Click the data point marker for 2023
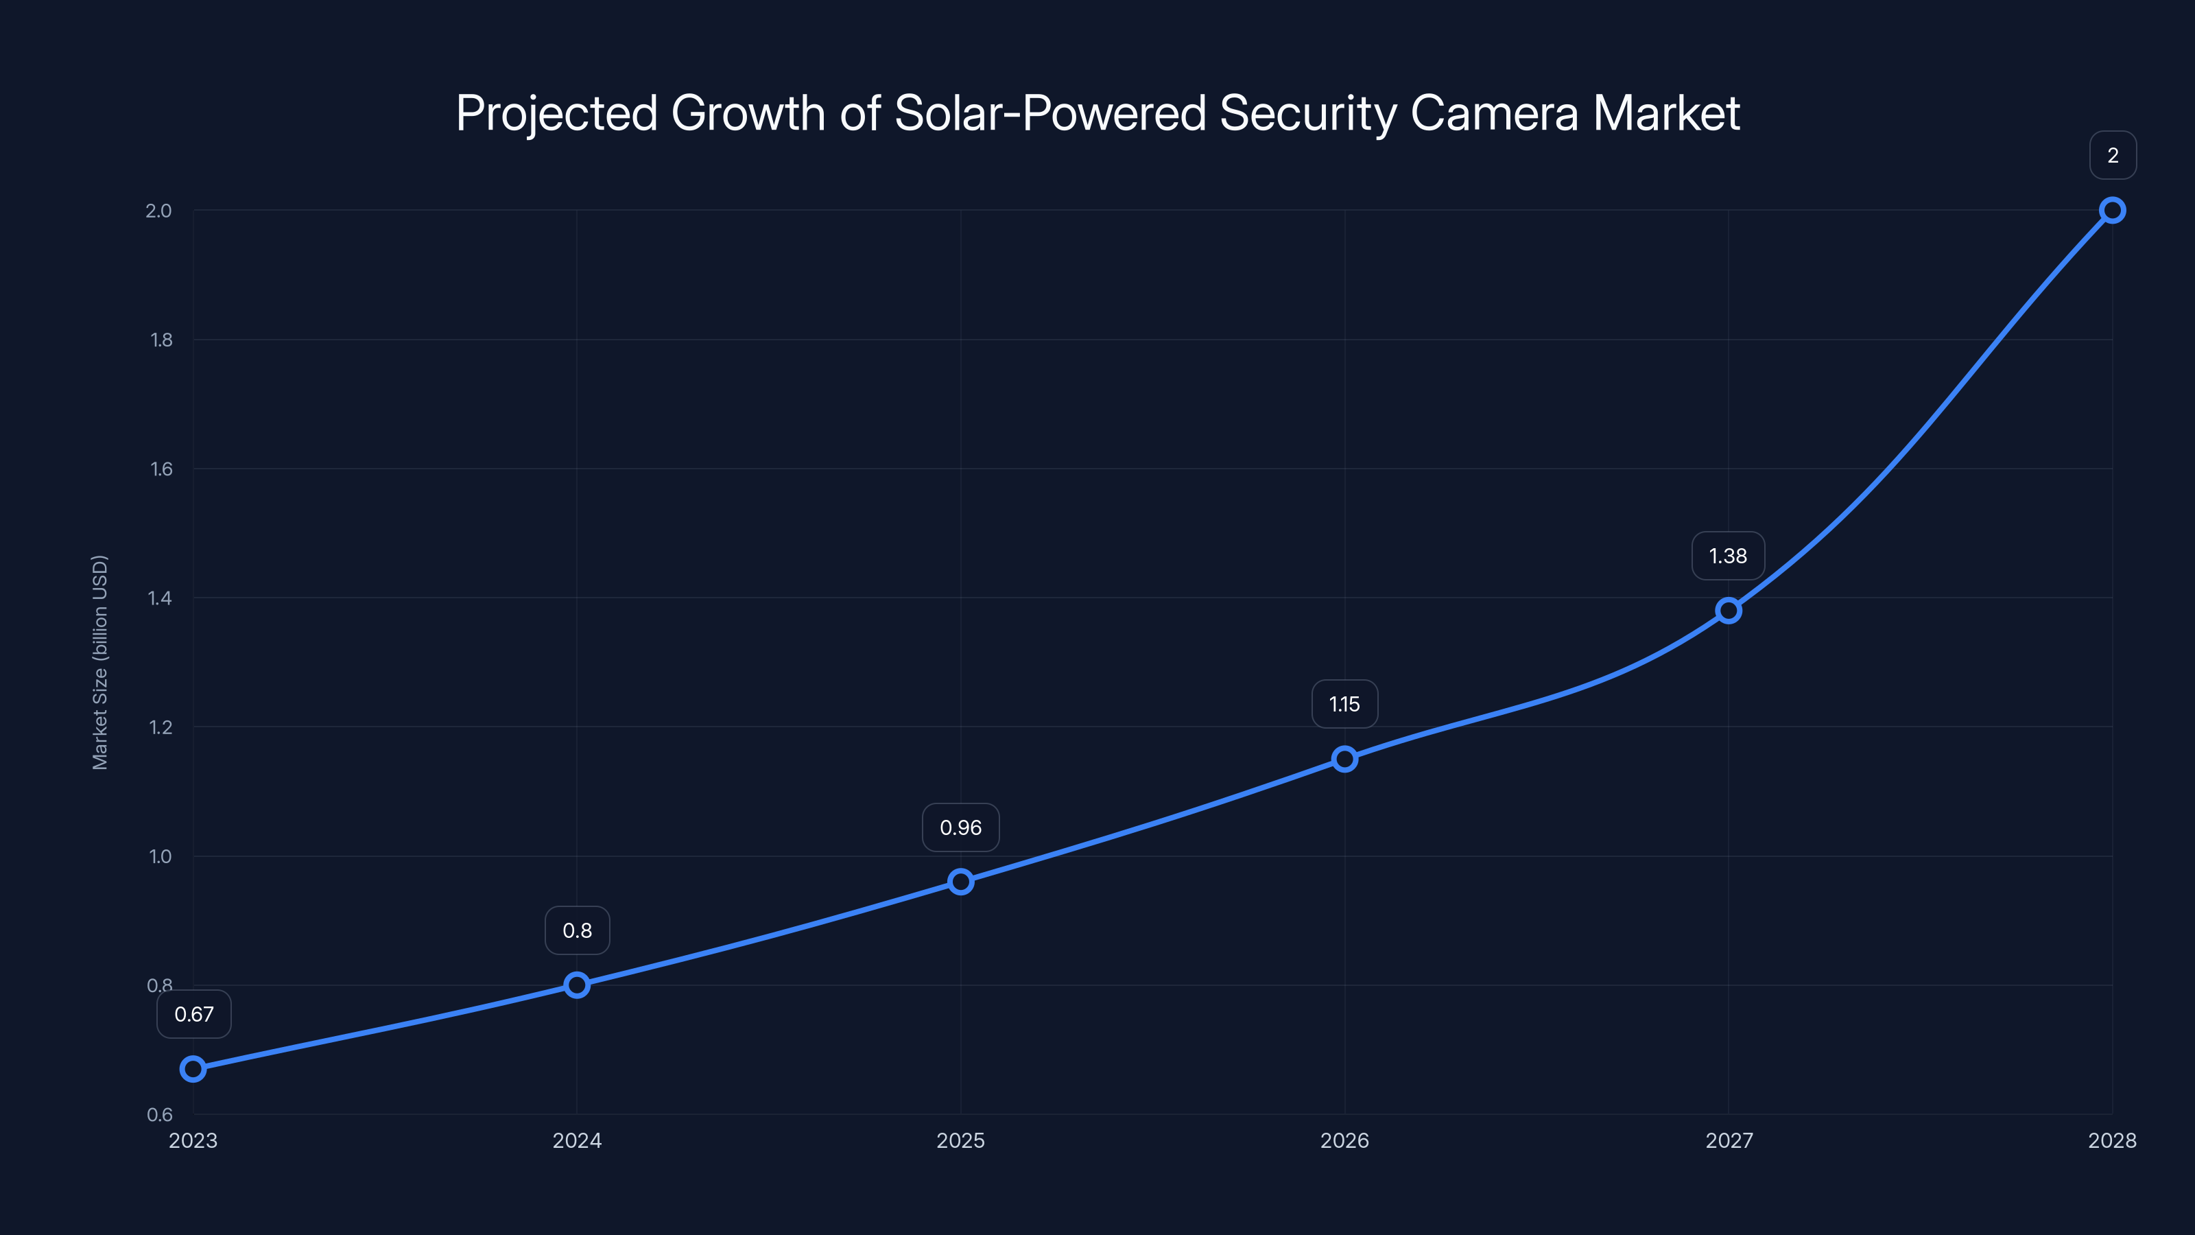[193, 1069]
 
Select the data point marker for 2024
[577, 985]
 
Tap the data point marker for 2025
[960, 882]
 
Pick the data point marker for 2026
[1344, 759]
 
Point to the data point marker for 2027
[1728, 610]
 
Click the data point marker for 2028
[2113, 211]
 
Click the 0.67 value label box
[194, 1014]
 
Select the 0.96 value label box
[960, 827]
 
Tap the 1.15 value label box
[1344, 704]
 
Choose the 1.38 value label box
[1728, 556]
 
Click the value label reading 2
[2113, 155]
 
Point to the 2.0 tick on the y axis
[158, 211]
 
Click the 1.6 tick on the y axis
[161, 469]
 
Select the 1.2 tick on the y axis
[161, 727]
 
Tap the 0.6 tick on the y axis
[159, 1115]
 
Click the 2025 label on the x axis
[960, 1140]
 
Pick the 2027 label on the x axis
[1729, 1140]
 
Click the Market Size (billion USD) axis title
[99, 662]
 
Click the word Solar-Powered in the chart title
[1049, 113]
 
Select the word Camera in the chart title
[1495, 113]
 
